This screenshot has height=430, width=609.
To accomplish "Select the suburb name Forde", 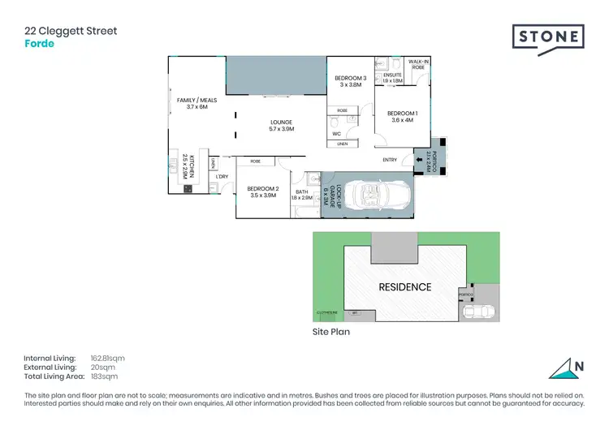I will [40, 44].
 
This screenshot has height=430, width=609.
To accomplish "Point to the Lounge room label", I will [281, 125].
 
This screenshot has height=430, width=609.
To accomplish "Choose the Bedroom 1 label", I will [402, 116].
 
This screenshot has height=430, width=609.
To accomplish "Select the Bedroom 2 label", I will [264, 192].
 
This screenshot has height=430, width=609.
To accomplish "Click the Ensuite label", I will [392, 78].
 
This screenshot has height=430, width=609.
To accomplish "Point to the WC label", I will [335, 134].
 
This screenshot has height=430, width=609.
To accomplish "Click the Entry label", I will [390, 160].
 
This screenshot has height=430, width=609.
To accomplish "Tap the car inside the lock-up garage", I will [371, 195].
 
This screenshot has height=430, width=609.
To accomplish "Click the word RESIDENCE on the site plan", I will [404, 287].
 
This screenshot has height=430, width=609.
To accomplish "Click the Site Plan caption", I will [332, 332].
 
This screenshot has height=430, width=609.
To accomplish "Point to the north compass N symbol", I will [577, 366].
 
